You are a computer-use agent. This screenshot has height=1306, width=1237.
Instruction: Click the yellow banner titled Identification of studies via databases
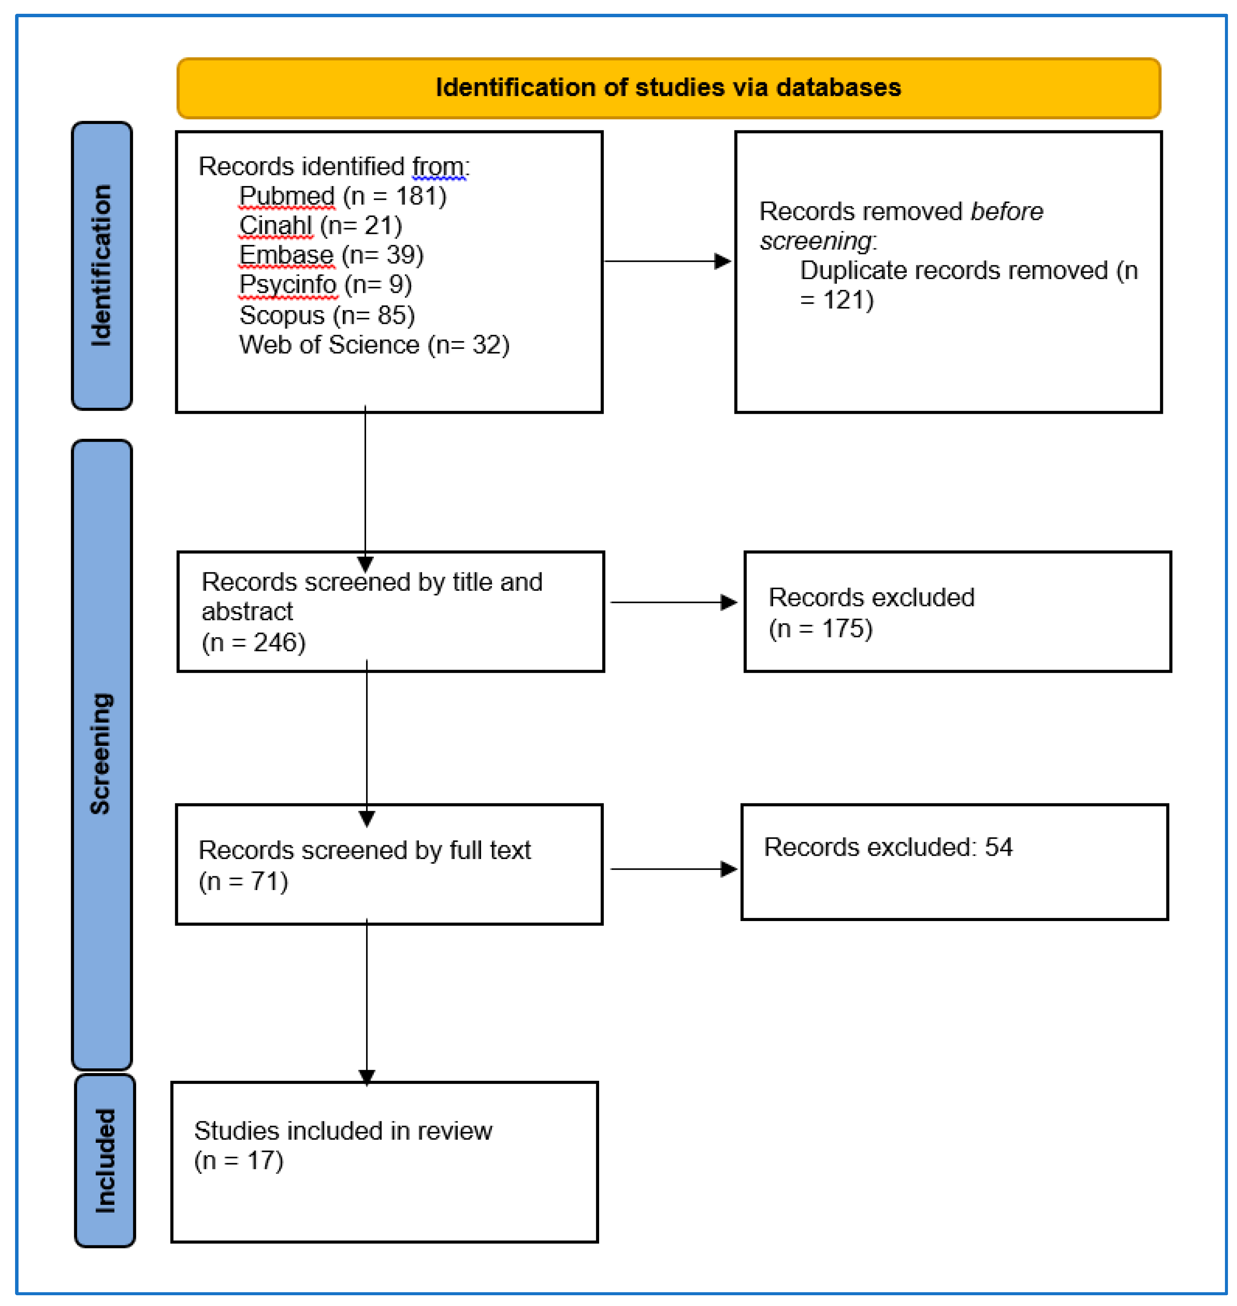[x=668, y=88]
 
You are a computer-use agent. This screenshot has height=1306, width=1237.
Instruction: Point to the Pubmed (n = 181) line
[x=342, y=196]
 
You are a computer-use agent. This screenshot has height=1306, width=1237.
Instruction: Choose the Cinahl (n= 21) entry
[x=320, y=226]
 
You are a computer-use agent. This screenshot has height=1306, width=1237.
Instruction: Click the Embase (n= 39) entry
[x=331, y=255]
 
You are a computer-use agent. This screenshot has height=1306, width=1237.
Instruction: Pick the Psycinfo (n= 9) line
[x=325, y=285]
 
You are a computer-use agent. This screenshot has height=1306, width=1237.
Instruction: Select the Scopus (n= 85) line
[x=327, y=315]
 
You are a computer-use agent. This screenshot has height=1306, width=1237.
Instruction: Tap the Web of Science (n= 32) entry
[x=374, y=345]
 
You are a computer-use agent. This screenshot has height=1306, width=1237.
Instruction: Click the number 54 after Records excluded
[x=998, y=847]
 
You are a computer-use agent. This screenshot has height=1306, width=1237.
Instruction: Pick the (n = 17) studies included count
[x=239, y=1160]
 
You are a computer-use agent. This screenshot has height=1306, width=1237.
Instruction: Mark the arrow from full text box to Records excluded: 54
[x=673, y=869]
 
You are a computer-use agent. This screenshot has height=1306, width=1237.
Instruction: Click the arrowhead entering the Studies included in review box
[x=367, y=1076]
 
